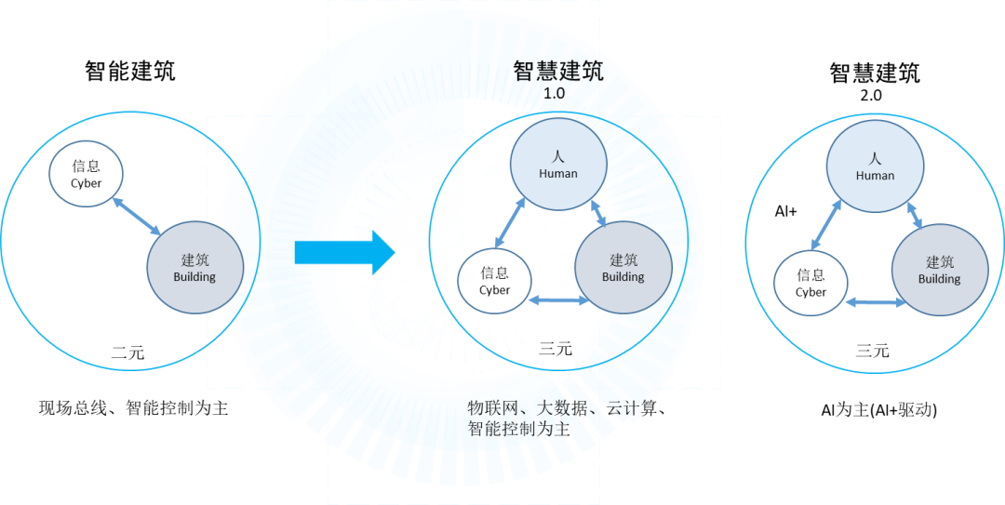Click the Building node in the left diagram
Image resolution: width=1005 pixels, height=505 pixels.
pyautogui.click(x=194, y=267)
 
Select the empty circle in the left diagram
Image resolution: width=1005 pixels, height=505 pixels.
pyautogui.click(x=86, y=174)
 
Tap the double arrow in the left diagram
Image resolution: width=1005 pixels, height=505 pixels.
pyautogui.click(x=137, y=213)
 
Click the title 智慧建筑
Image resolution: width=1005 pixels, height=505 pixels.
pyautogui.click(x=558, y=72)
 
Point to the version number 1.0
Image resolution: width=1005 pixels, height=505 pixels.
pyautogui.click(x=555, y=94)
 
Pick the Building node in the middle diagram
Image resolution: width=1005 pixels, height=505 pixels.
pyautogui.click(x=623, y=267)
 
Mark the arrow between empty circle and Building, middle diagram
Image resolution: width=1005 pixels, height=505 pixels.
pyautogui.click(x=559, y=300)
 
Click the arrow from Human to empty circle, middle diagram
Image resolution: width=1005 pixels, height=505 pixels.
pyautogui.click(x=509, y=226)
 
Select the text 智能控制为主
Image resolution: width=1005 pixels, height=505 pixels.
pyautogui.click(x=517, y=429)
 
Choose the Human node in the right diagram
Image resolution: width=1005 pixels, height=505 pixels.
pyautogui.click(x=875, y=166)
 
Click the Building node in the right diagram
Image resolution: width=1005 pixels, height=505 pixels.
pyautogui.click(x=939, y=269)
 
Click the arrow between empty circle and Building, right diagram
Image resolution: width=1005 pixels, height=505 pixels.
pyautogui.click(x=876, y=302)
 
